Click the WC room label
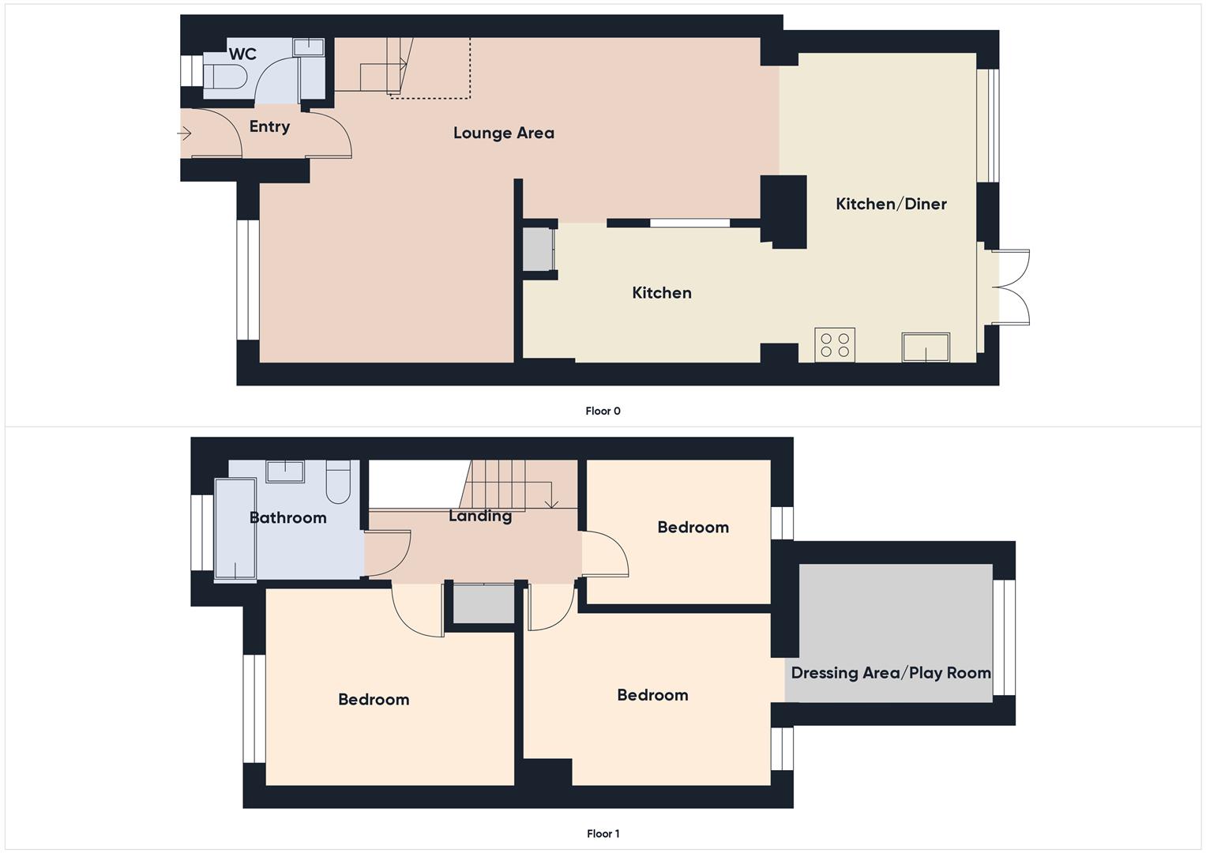click(x=242, y=54)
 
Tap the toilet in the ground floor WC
click(x=224, y=77)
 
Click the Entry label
click(x=269, y=126)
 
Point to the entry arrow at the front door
click(x=185, y=133)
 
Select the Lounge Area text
click(x=503, y=133)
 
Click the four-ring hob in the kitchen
click(x=835, y=345)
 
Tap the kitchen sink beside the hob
click(x=926, y=347)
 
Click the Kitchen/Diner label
click(x=891, y=204)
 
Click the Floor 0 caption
click(x=603, y=411)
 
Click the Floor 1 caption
click(x=603, y=833)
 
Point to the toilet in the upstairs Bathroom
click(x=338, y=483)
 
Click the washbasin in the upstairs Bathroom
click(x=285, y=472)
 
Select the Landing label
click(x=480, y=516)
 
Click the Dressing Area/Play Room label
click(x=891, y=673)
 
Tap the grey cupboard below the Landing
click(x=483, y=603)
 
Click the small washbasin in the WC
click(x=308, y=47)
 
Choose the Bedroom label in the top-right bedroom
click(x=693, y=527)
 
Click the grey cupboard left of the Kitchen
click(x=537, y=250)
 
